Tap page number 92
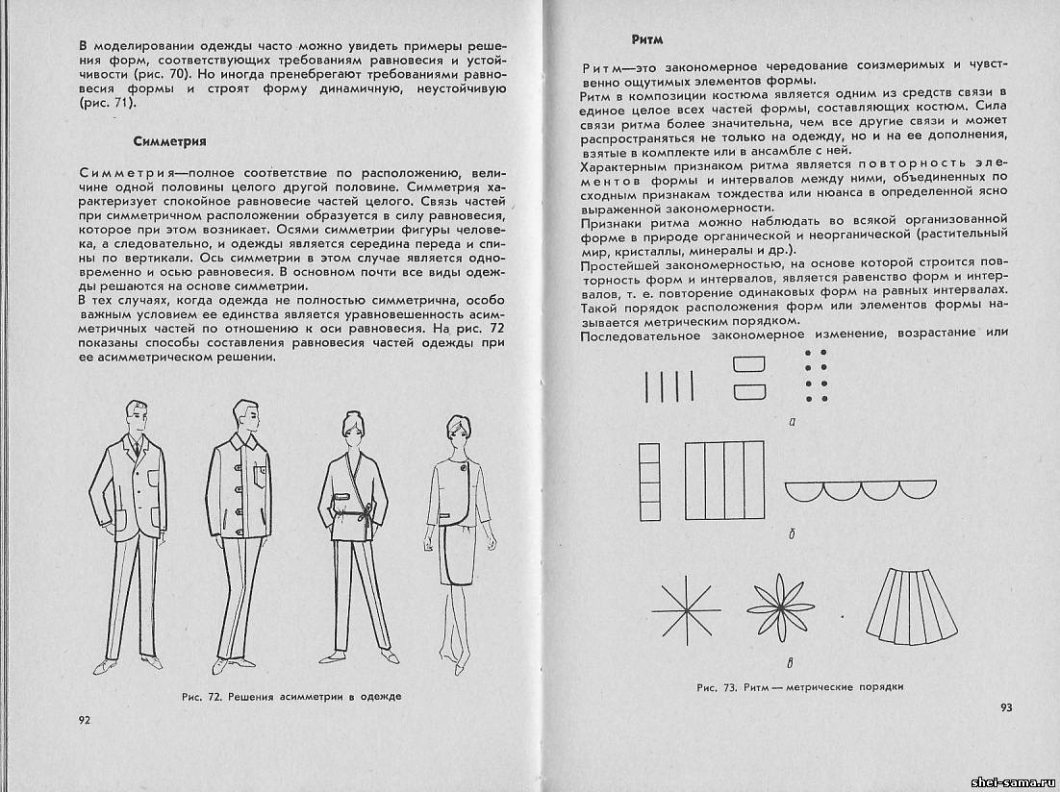84,721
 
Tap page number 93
1005,707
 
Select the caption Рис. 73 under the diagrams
801,687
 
